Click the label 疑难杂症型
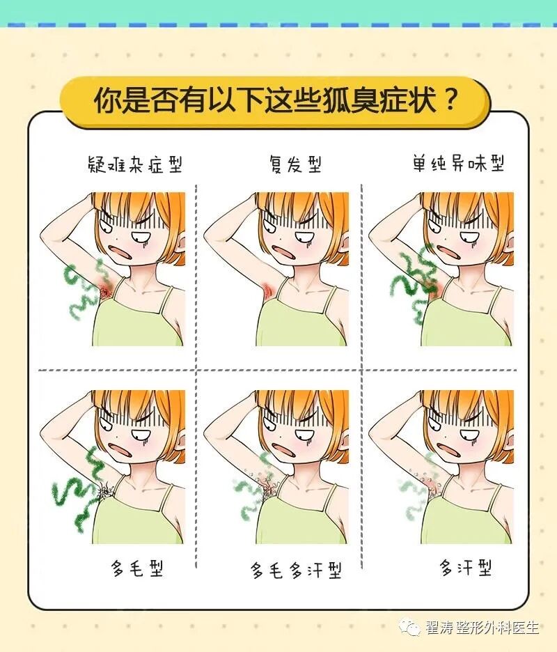(135, 164)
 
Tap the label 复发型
(295, 164)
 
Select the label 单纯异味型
(459, 163)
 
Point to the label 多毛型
(136, 568)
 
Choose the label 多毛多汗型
(296, 570)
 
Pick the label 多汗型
(466, 568)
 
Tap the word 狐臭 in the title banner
(350, 100)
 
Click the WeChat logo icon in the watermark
(409, 627)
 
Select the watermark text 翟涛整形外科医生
(482, 627)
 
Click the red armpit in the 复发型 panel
(267, 290)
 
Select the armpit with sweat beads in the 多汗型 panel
(431, 484)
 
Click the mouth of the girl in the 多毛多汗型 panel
(283, 449)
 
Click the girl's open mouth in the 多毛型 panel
(120, 449)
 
